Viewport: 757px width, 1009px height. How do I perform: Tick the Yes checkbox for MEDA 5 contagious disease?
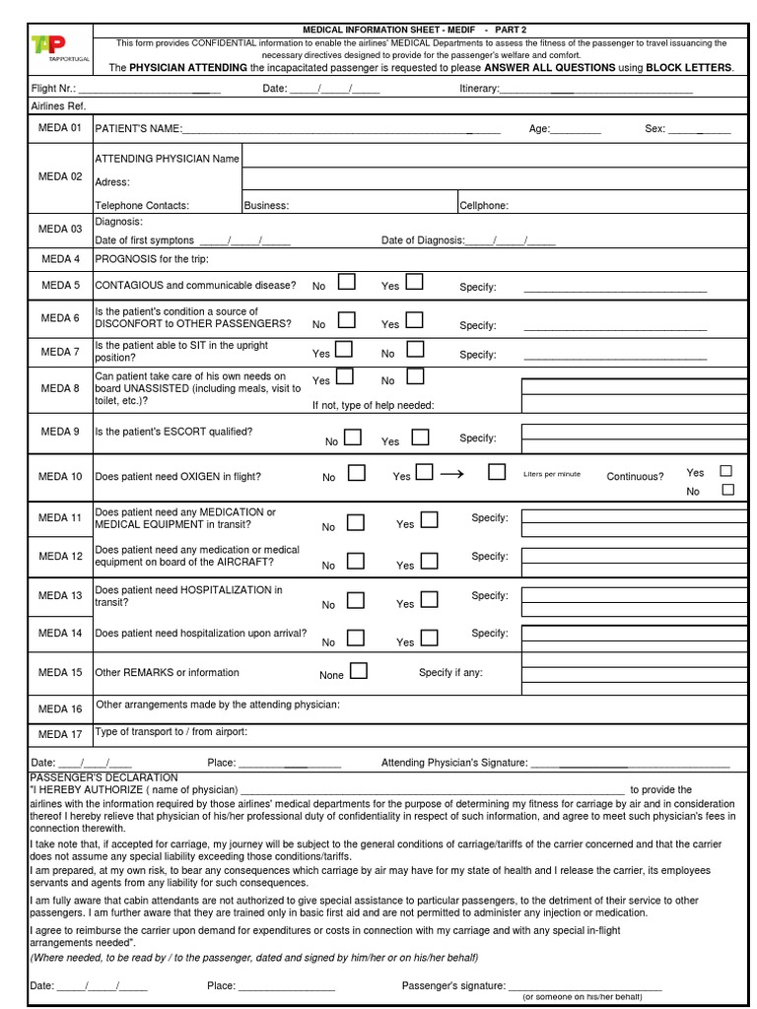(x=414, y=283)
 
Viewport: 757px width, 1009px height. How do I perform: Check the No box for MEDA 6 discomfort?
(x=346, y=320)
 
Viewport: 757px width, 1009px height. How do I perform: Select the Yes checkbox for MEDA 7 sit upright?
(x=344, y=349)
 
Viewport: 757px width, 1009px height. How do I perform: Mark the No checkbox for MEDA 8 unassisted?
(x=415, y=376)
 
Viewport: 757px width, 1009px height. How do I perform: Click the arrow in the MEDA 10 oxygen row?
(x=451, y=474)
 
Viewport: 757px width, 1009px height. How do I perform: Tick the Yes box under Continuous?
(x=727, y=471)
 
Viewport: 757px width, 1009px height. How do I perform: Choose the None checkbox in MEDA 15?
(x=359, y=671)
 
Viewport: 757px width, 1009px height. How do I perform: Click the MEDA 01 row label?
(x=60, y=128)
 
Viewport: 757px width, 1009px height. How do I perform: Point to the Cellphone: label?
(x=484, y=206)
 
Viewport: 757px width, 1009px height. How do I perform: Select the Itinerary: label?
(x=480, y=90)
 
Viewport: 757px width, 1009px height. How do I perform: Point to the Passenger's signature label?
(x=453, y=985)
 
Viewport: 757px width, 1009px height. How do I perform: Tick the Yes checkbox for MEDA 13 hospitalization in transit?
(x=430, y=599)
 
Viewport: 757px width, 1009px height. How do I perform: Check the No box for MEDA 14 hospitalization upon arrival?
(x=356, y=638)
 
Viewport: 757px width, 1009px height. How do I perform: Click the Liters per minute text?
(x=552, y=474)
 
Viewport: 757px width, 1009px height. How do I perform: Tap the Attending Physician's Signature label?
(x=454, y=763)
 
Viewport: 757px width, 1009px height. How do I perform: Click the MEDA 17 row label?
(x=60, y=734)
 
